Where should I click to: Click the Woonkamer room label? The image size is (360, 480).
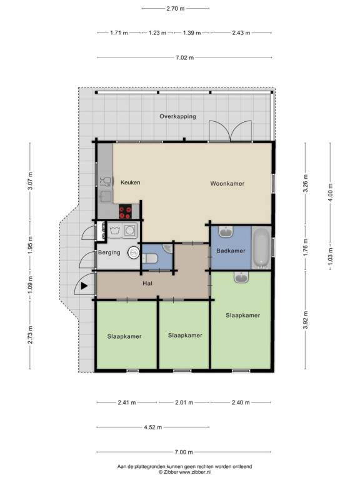[227, 184]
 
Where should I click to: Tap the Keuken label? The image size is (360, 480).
[131, 182]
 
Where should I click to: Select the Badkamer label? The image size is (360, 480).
[230, 251]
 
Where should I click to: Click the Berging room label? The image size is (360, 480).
[109, 253]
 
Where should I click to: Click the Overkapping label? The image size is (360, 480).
[177, 117]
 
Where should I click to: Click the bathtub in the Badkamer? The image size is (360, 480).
[261, 247]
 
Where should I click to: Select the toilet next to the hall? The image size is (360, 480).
[150, 257]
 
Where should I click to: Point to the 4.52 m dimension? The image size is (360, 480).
[152, 427]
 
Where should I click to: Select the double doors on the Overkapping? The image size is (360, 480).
[230, 131]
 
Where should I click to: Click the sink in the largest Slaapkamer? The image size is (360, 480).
[241, 277]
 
